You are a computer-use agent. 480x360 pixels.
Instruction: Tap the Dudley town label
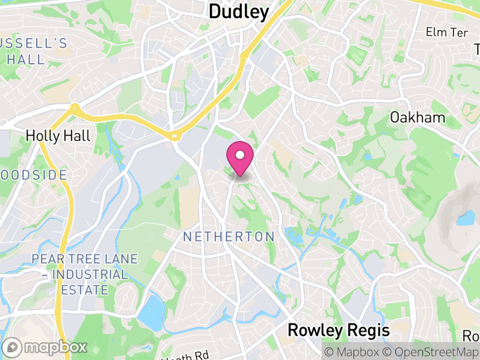[238, 11]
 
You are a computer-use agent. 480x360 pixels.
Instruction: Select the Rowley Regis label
[338, 330]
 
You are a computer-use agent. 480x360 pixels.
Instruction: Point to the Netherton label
[229, 236]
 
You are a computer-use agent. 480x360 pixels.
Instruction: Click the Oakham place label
[418, 117]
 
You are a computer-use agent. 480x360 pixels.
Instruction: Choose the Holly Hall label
[58, 136]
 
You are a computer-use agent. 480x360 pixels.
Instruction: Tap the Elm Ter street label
[446, 31]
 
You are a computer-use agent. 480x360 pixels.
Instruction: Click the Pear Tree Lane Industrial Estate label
[85, 275]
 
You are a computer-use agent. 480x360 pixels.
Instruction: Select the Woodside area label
[33, 175]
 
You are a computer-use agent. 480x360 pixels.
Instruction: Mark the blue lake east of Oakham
[465, 217]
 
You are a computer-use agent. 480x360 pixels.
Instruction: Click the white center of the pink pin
[239, 155]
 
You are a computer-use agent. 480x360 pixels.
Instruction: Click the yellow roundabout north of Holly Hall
[75, 109]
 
